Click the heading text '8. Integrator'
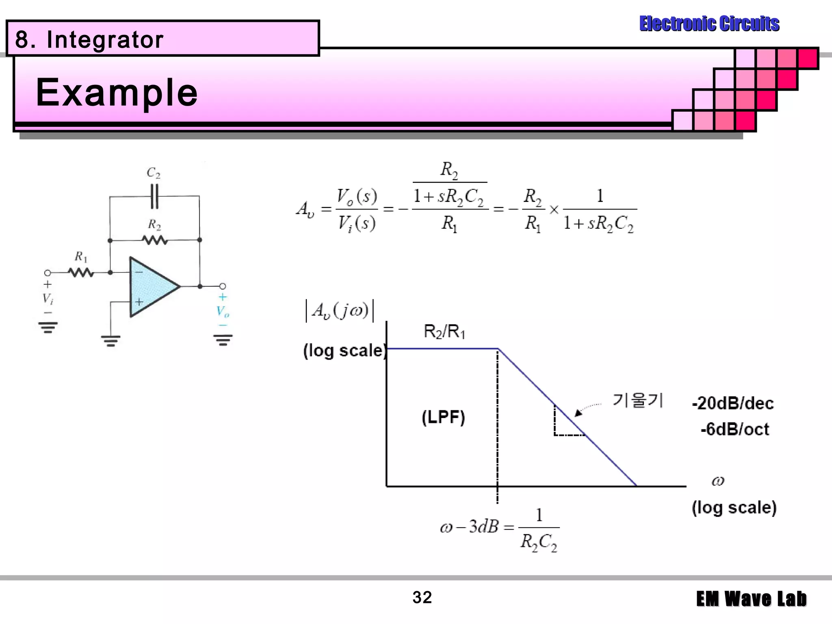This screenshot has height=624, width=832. click(x=89, y=40)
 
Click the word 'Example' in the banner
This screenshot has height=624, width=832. click(x=117, y=93)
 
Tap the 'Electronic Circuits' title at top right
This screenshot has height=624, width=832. click(x=709, y=24)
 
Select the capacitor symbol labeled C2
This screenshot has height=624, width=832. click(x=154, y=196)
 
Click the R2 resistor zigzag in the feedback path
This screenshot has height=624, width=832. click(x=155, y=240)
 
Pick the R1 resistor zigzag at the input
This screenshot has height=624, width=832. click(x=81, y=273)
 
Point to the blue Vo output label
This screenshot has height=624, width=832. click(x=222, y=312)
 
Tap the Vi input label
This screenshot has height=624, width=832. click(x=48, y=299)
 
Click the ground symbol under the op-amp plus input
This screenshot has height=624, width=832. click(x=110, y=340)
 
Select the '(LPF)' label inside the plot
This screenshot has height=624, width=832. click(x=443, y=417)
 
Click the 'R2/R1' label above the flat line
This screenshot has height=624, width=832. click(x=444, y=332)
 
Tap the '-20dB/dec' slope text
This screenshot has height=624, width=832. click(x=732, y=403)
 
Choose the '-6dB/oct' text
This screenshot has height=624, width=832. click(x=734, y=429)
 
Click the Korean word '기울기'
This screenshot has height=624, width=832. click(x=637, y=401)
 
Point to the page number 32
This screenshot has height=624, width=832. click(x=422, y=598)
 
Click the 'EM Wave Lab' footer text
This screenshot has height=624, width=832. click(x=751, y=599)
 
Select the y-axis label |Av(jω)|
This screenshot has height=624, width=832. click(x=340, y=311)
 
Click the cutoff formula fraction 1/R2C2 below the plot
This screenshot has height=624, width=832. click(x=539, y=529)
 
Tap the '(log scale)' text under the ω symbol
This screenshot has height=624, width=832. click(x=734, y=508)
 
